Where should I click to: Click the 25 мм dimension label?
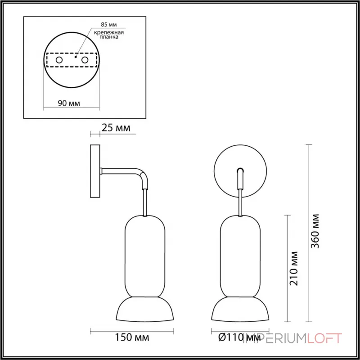[x=116, y=128]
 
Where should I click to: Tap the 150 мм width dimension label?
[x=133, y=337]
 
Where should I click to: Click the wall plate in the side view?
[x=95, y=171]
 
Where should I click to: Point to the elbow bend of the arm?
[x=142, y=176]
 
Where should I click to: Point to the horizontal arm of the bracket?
[x=119, y=171]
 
